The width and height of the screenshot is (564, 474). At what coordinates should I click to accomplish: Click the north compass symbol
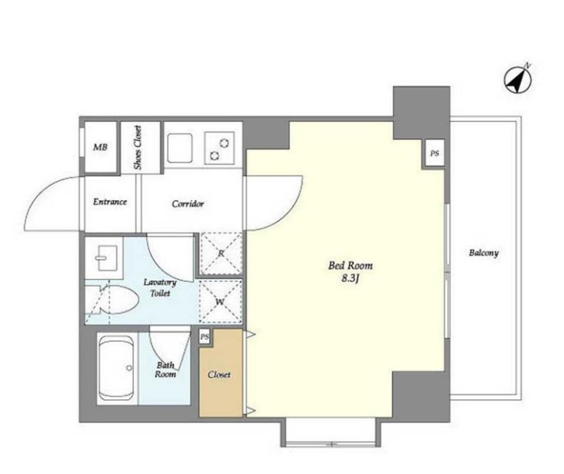518,80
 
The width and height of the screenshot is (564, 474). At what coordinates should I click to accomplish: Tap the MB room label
101,147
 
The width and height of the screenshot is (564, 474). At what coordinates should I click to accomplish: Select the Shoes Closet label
137,148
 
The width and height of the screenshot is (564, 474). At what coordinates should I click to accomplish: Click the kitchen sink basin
180,148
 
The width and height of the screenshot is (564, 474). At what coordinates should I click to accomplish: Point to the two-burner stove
220,148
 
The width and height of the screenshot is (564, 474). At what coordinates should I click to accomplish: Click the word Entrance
110,202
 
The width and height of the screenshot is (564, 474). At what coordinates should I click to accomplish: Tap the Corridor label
188,204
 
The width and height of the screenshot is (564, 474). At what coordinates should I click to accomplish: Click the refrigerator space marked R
221,254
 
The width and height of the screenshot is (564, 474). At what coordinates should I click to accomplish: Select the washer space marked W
220,301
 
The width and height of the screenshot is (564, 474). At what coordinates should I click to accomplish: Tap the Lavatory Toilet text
160,287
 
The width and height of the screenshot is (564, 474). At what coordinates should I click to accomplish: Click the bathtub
117,368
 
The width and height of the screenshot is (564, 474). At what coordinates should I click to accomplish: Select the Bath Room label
166,370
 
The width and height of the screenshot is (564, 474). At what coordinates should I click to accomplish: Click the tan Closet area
220,374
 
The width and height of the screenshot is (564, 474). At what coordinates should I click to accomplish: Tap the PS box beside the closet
204,337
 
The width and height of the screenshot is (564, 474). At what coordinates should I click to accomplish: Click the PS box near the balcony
435,154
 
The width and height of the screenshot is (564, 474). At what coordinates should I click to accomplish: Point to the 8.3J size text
350,278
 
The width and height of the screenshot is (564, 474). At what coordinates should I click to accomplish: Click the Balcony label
483,253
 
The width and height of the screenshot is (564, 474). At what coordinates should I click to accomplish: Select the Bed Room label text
350,266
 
